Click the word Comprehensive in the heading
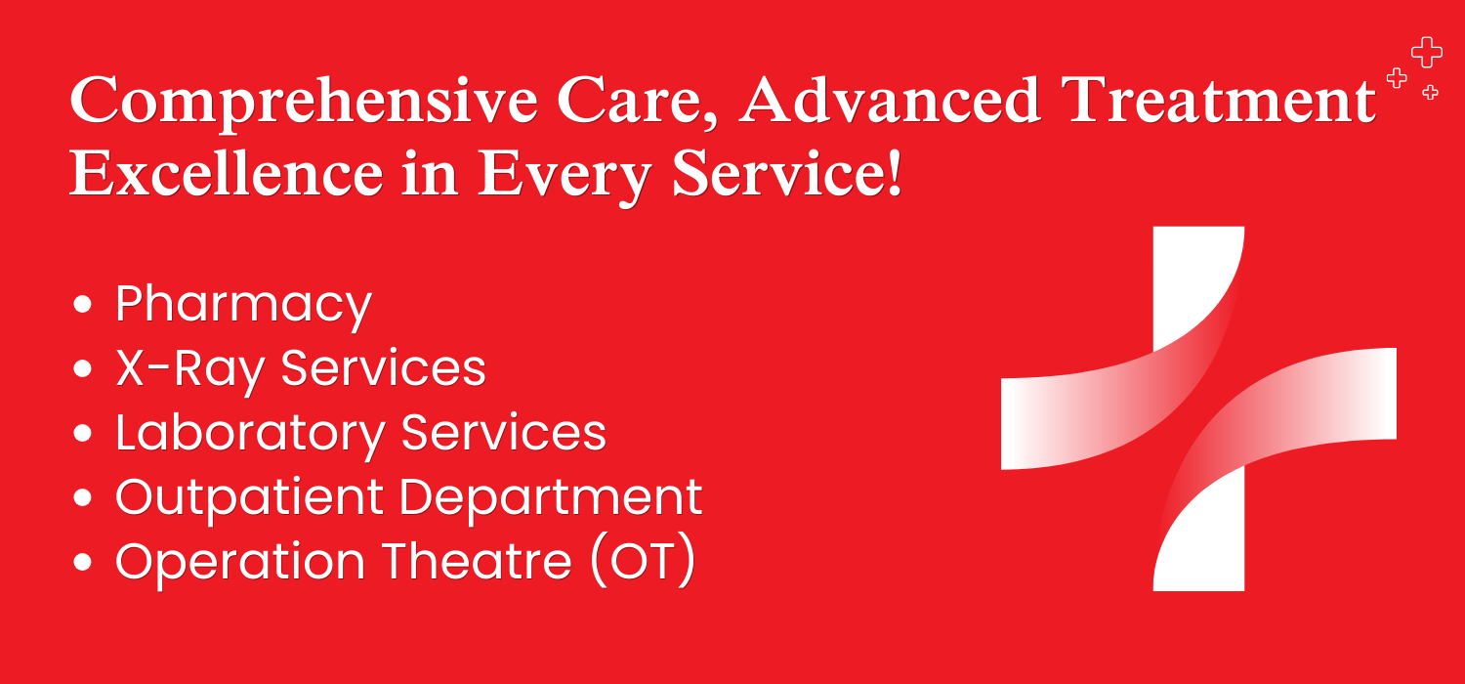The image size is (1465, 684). coord(304,103)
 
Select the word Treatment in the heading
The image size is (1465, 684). coord(1219,100)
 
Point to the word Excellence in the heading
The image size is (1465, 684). coord(227,173)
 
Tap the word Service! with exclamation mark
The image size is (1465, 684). coord(787,173)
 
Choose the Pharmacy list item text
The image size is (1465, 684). coord(243,306)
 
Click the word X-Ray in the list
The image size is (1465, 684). coord(190,370)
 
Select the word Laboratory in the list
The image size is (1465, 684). coord(250,435)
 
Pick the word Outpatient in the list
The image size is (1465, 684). coord(249,498)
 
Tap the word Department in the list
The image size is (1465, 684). coord(551,498)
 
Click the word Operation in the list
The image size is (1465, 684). coord(240,563)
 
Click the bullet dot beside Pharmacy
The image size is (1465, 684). coord(82,304)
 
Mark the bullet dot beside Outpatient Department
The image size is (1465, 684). coord(82,497)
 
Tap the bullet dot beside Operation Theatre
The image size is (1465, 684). coord(82,562)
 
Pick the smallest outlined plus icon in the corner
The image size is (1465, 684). coord(1431,92)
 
